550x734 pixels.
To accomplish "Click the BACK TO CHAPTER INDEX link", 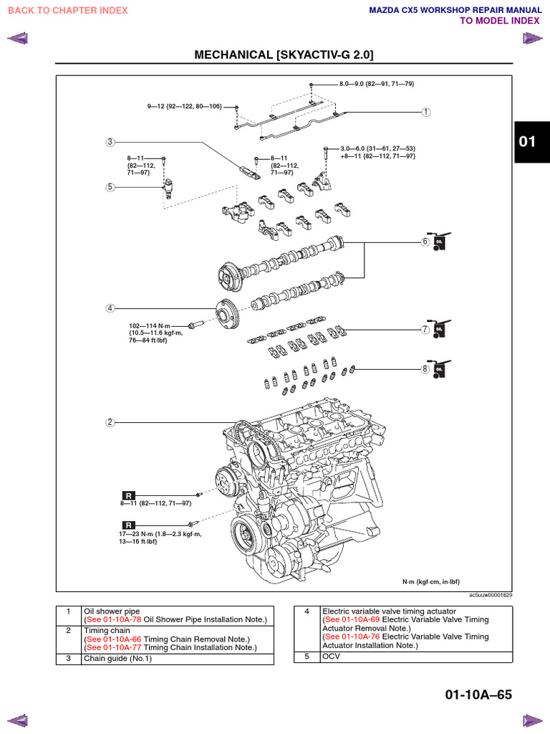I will tap(67, 10).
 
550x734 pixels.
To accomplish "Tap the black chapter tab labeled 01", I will tap(527, 141).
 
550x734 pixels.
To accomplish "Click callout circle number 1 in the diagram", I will tap(425, 112).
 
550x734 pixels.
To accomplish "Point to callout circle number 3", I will tap(110, 142).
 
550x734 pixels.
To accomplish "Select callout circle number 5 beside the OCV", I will tap(110, 187).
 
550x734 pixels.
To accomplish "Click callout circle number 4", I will tap(110, 308).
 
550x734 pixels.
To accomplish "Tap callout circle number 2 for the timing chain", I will tap(110, 422).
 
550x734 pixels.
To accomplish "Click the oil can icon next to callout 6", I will tap(438, 241).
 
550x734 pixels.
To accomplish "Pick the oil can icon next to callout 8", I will tap(438, 368).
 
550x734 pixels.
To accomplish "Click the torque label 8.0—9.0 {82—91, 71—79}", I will tap(377, 84).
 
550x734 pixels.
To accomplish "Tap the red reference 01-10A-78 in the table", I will tap(122, 619).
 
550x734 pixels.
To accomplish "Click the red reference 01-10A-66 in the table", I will tap(122, 639).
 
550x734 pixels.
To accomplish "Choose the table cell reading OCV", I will tap(330, 656).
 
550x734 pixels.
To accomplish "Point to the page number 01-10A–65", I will tap(478, 695).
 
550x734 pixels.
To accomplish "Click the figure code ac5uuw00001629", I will tap(491, 595).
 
